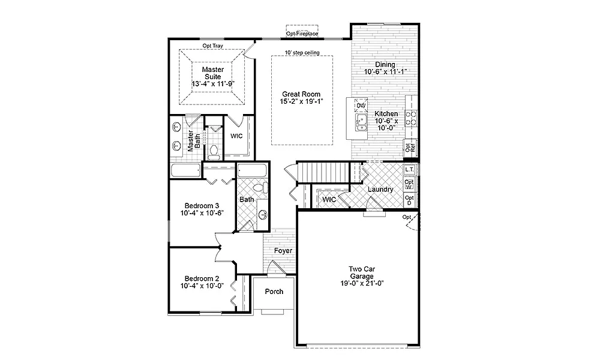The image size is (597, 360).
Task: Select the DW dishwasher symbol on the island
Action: (361, 106)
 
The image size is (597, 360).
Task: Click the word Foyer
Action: (283, 251)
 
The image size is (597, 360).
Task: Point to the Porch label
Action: (274, 292)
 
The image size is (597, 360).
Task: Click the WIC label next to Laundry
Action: (328, 199)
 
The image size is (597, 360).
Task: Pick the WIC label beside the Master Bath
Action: (236, 136)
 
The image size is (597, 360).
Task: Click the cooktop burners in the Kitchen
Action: (412, 118)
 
